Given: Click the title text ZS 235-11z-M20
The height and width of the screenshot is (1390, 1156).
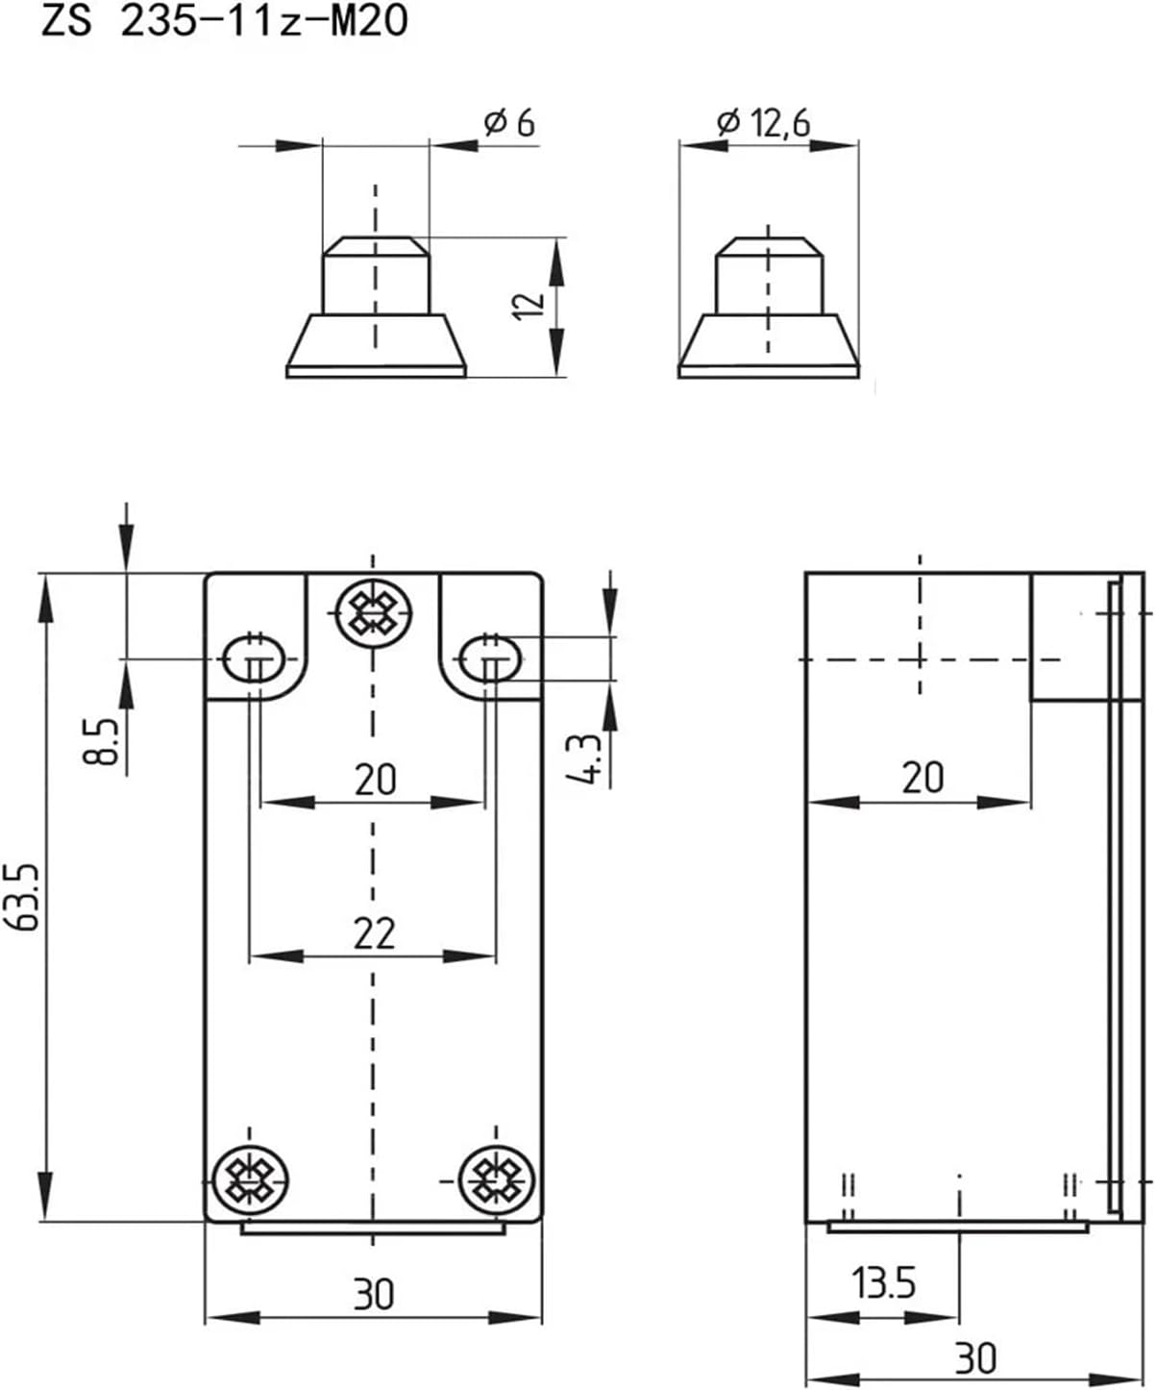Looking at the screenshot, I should point(224,22).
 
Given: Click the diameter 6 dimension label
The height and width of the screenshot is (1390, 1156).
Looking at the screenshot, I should point(509,123).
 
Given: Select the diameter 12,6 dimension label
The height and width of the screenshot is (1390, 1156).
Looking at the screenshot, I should point(764,122).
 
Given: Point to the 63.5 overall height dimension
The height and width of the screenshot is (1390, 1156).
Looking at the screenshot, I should point(26,896).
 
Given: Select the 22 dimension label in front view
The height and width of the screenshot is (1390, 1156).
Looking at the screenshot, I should point(374,932).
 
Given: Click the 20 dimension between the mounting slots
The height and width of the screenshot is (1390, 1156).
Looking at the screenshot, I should point(374,779).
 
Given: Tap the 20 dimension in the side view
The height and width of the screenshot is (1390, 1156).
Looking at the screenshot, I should point(922,778).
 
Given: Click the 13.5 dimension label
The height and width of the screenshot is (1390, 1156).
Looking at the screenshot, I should point(883,1283).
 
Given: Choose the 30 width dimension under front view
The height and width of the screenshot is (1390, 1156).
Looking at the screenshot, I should point(373,1294).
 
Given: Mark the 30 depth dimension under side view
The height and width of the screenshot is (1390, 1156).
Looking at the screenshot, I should point(974,1358).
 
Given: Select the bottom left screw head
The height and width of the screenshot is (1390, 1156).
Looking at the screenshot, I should point(250,1179).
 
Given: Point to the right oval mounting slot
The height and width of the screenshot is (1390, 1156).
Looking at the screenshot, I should point(491,658).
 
